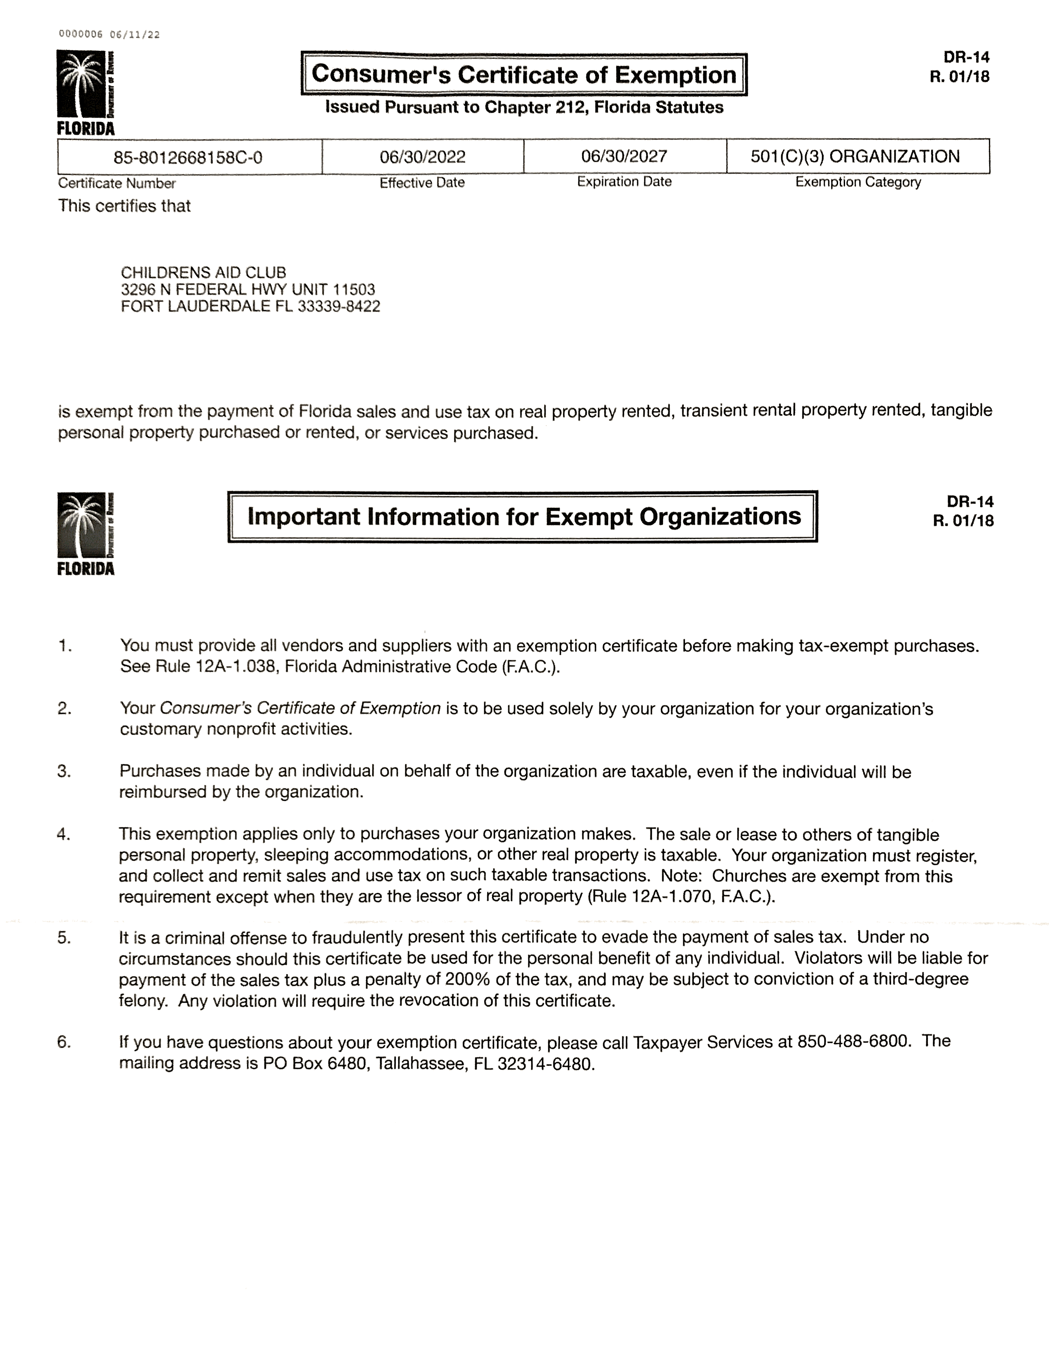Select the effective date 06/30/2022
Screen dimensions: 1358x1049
(423, 157)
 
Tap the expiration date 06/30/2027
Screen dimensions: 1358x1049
(624, 156)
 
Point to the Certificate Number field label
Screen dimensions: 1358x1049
(117, 183)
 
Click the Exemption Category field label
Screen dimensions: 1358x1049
(858, 182)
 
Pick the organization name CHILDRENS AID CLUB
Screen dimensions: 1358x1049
(203, 273)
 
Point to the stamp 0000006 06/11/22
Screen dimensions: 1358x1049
(109, 35)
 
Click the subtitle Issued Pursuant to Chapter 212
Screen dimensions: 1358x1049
(524, 107)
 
